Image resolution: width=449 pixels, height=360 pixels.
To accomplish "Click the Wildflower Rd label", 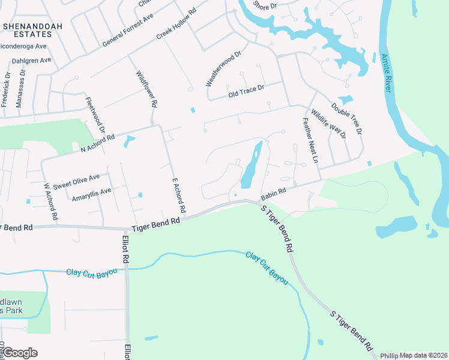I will click(146, 89).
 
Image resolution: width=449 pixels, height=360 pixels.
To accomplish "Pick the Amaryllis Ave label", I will click(91, 194).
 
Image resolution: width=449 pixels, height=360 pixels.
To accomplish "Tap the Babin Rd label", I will click(273, 193).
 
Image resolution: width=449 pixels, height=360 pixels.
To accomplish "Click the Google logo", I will click(19, 353).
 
